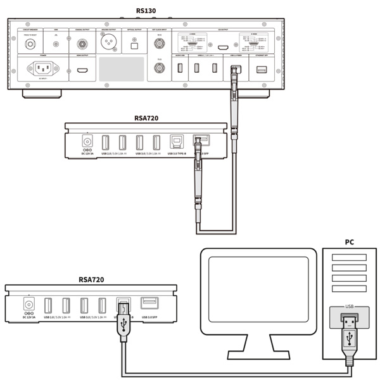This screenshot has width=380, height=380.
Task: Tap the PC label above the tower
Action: (x=349, y=243)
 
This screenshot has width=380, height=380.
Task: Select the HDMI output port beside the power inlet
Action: (x=82, y=68)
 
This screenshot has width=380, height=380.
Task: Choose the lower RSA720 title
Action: (x=91, y=279)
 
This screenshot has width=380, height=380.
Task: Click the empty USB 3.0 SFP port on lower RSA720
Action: (x=149, y=303)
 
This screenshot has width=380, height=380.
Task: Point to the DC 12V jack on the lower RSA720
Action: (x=28, y=302)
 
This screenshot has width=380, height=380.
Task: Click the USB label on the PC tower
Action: (x=348, y=307)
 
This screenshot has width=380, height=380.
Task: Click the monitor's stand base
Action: (x=258, y=355)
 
